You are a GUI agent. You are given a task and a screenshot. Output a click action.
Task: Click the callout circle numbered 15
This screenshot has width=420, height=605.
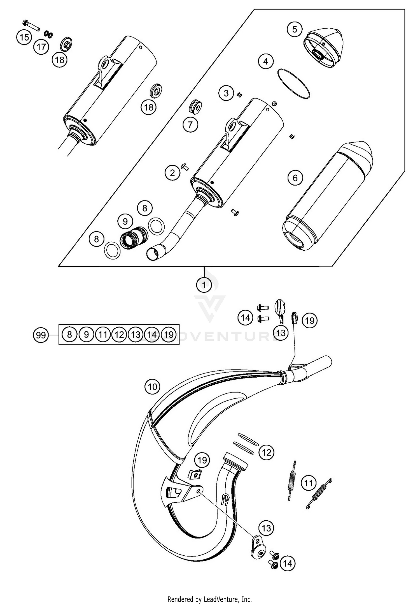[x=24, y=37]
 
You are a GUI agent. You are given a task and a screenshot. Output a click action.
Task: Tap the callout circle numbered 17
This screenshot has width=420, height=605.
[x=41, y=47]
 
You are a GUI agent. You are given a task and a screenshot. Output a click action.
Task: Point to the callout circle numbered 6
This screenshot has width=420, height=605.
[x=295, y=178]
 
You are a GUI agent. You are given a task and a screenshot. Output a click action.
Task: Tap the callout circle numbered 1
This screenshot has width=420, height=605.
[x=204, y=285]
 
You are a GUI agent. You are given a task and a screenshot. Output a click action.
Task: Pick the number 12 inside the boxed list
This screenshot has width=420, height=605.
[x=119, y=334]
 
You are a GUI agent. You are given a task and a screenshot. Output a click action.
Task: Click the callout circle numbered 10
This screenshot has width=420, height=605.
[x=152, y=387]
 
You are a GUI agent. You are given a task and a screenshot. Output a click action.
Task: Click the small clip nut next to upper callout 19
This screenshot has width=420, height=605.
[x=294, y=318]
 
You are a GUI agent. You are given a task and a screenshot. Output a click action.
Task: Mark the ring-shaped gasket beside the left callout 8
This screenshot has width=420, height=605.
[x=112, y=250]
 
